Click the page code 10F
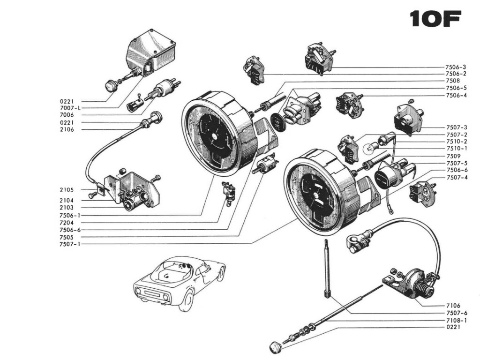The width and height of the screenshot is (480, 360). (435, 19)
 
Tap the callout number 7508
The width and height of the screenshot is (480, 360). (453, 81)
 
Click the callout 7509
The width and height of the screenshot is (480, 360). (453, 156)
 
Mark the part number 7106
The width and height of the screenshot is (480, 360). (453, 306)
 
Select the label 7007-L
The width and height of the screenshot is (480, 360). (71, 108)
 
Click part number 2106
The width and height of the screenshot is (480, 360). (67, 129)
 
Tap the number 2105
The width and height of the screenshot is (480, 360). (67, 190)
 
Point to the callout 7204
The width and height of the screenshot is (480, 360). (67, 223)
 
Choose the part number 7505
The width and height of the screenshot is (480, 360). (67, 237)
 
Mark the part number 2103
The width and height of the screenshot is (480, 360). (67, 207)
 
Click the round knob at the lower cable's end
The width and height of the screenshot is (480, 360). (275, 347)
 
